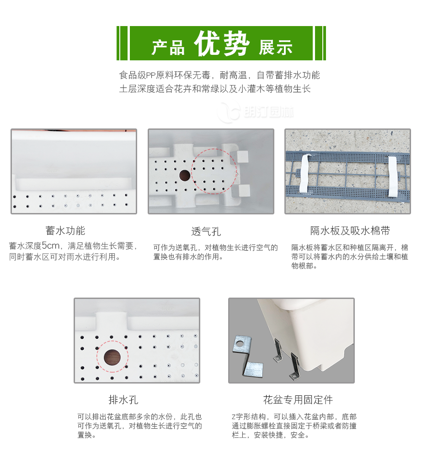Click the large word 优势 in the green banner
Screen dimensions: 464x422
tap(222, 44)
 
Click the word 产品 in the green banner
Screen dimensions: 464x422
tap(168, 47)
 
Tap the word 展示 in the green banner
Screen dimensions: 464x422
tap(275, 47)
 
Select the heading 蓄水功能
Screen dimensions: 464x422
tap(65, 230)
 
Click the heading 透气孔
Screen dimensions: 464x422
tap(206, 231)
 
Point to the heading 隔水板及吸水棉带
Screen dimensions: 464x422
tap(350, 230)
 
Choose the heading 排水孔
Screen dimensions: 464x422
tap(123, 400)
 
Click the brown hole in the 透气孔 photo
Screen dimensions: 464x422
tap(185, 175)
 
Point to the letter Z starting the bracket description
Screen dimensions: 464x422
tap(233, 417)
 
